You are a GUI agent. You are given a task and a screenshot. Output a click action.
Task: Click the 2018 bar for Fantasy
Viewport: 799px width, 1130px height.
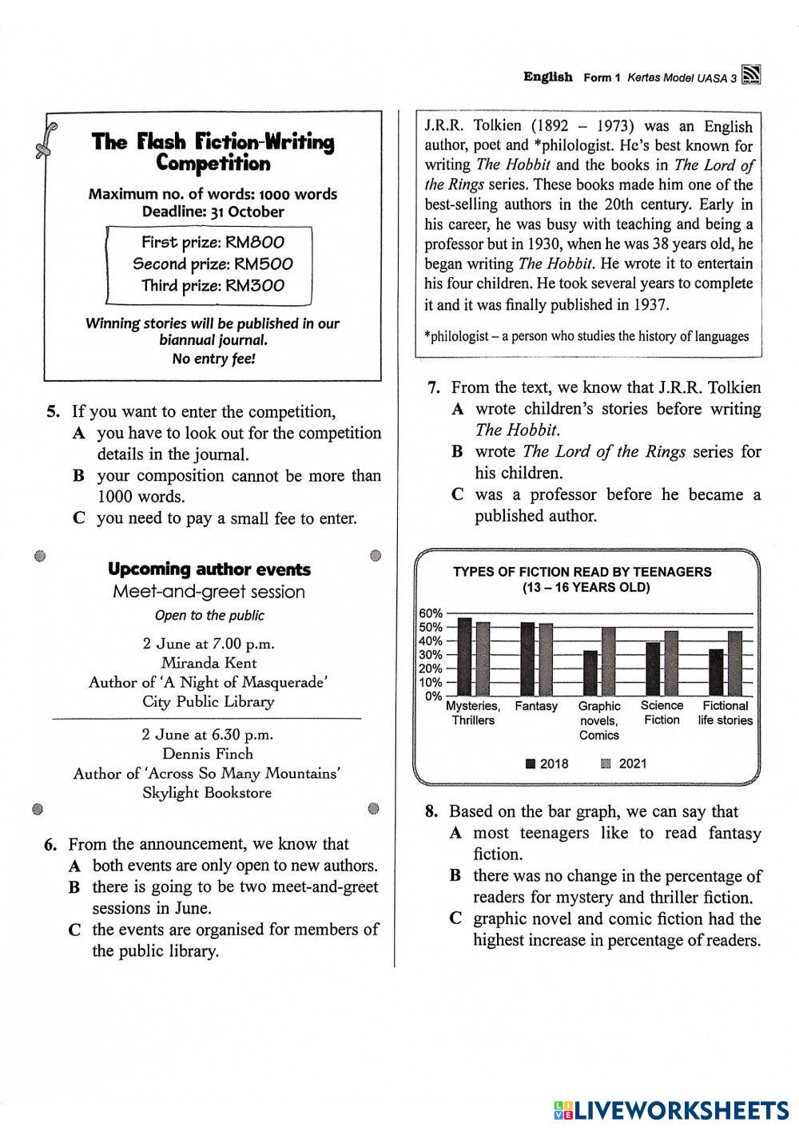527,659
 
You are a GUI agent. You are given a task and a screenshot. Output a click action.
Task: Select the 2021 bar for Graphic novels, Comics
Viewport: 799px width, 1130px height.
609,661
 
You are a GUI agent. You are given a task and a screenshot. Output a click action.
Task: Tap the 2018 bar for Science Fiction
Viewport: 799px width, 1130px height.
653,668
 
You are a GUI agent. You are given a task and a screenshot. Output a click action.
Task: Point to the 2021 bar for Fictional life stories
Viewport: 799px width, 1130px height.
735,663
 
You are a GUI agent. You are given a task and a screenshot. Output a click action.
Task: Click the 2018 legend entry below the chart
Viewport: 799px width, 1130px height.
547,763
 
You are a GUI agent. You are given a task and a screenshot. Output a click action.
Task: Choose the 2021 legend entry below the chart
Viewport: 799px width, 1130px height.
624,763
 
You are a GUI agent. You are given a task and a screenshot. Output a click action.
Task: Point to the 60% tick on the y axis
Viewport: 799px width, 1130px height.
431,613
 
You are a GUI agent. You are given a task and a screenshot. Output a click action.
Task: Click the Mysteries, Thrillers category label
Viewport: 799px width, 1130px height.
473,713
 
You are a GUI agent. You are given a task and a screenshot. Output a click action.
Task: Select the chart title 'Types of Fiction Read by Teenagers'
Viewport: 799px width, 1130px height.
582,572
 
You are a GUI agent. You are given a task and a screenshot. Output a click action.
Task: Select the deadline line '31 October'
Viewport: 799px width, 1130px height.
213,212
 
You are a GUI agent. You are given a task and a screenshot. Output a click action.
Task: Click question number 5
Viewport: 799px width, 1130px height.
53,412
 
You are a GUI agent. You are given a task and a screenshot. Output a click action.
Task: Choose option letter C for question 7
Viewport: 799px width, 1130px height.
458,495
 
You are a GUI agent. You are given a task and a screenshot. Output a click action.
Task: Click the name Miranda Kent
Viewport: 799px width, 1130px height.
209,663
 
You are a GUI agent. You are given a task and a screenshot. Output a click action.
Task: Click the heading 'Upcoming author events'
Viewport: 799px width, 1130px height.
209,569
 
